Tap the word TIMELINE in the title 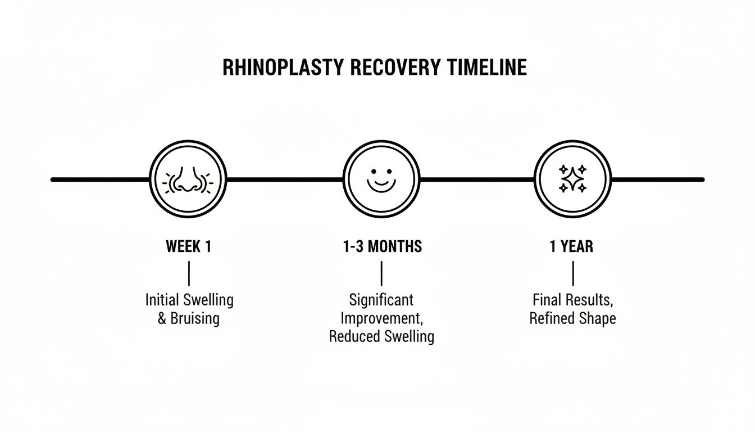coord(488,67)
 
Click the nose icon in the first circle coord(188,180)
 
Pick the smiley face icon coord(381,179)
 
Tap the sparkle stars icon coord(572,179)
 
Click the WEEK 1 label coord(189,247)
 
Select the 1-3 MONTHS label coord(382,247)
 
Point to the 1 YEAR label coord(571,247)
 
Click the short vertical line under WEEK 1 coord(189,274)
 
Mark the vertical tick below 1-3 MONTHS coord(382,274)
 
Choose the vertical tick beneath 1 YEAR coord(572,274)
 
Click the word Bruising coord(195,318)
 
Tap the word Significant coord(381,300)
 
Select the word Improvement coord(381,318)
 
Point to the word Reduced coord(353,337)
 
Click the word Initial coord(161,300)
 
